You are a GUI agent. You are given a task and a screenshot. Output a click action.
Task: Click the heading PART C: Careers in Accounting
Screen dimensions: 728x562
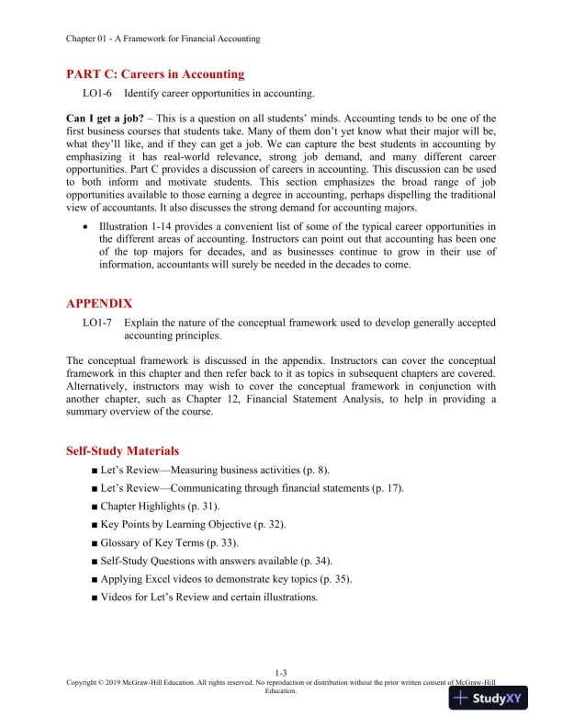coord(155,74)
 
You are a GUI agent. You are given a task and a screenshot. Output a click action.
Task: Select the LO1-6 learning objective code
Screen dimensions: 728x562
coord(97,94)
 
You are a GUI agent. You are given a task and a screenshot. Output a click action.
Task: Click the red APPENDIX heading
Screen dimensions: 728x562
coord(99,302)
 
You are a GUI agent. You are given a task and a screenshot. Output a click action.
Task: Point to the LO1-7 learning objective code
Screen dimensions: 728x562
coord(97,323)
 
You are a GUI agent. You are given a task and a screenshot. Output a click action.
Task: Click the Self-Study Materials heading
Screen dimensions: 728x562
coord(122,450)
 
